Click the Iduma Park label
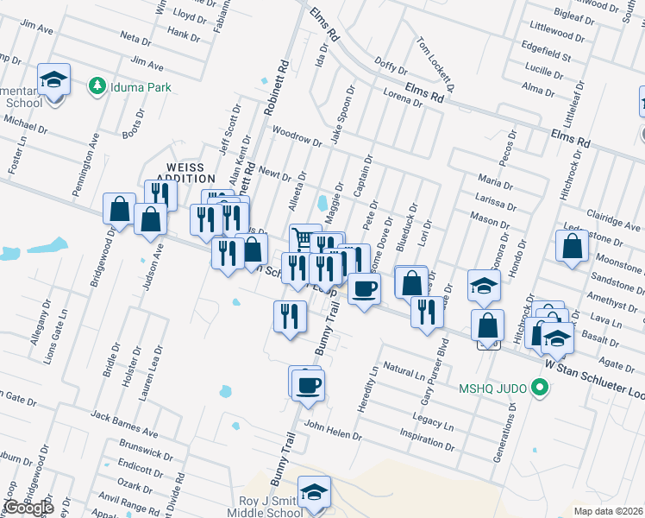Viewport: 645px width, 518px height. click(140, 87)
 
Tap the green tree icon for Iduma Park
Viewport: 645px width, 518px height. click(97, 86)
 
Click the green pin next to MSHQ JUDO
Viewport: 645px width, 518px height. click(541, 388)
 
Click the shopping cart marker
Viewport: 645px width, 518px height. click(303, 238)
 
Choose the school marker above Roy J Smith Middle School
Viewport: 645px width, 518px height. click(315, 491)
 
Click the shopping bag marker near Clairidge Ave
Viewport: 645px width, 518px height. click(573, 249)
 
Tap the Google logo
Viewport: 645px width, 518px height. click(28, 508)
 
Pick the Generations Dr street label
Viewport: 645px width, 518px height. click(510, 437)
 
